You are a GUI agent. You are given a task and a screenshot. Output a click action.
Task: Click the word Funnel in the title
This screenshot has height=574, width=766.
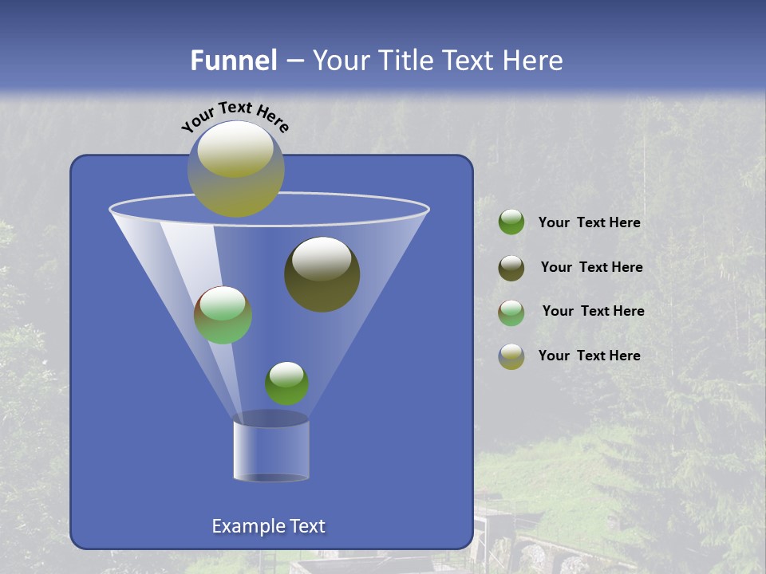(233, 61)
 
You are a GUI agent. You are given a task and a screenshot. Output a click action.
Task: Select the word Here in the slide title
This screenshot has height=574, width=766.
(532, 61)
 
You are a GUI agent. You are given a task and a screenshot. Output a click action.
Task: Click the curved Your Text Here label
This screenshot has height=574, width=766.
(235, 116)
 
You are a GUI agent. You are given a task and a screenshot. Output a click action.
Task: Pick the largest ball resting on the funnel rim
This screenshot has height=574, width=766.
(236, 168)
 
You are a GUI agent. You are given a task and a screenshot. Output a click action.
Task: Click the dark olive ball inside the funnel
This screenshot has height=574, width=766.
(322, 274)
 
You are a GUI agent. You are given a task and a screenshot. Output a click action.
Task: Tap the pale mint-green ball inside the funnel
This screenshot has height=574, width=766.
(223, 315)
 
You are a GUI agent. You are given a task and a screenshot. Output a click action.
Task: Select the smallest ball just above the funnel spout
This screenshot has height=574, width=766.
(286, 383)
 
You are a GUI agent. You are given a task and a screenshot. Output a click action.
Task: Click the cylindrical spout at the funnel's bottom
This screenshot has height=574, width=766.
(271, 449)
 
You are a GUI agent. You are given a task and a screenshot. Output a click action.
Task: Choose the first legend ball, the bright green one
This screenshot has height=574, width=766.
(511, 222)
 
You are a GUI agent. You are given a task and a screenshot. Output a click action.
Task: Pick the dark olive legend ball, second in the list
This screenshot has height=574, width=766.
(511, 268)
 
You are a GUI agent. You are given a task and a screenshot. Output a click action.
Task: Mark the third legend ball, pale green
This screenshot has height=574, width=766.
(511, 313)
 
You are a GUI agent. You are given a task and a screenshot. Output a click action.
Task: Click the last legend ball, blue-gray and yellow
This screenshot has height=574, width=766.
(511, 356)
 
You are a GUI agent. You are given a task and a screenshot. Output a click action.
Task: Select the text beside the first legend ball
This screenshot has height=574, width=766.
(589, 223)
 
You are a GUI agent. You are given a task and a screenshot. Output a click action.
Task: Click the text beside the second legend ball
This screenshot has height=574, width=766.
(591, 268)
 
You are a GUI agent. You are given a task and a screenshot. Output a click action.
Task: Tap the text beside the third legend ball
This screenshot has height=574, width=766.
(593, 312)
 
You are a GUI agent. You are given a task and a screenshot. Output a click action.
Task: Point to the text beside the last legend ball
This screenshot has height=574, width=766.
(589, 356)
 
